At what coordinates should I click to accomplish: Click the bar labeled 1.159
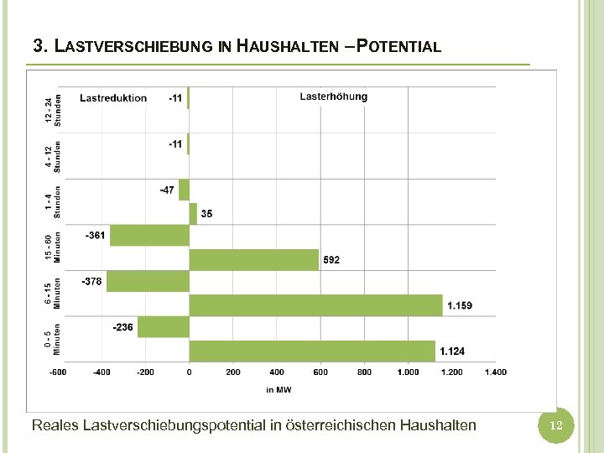315,305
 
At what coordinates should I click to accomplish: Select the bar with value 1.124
312,350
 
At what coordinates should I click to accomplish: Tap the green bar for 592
254,259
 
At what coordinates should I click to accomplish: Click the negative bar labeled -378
148,282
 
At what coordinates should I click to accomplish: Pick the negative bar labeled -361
149,236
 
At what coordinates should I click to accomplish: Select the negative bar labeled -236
163,327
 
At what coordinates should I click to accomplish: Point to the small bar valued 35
193,214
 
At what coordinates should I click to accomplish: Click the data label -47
167,190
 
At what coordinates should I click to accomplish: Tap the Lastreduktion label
113,98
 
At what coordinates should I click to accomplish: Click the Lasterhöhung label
333,96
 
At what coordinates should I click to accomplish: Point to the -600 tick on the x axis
57,372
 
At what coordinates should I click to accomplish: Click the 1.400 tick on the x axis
495,372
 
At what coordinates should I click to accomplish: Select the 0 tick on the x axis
189,372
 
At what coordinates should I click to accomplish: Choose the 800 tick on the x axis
364,372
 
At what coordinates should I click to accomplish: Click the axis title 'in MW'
279,389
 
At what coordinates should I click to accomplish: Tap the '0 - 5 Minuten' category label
53,340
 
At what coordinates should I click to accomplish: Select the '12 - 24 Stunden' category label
53,110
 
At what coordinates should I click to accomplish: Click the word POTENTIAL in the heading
398,46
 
